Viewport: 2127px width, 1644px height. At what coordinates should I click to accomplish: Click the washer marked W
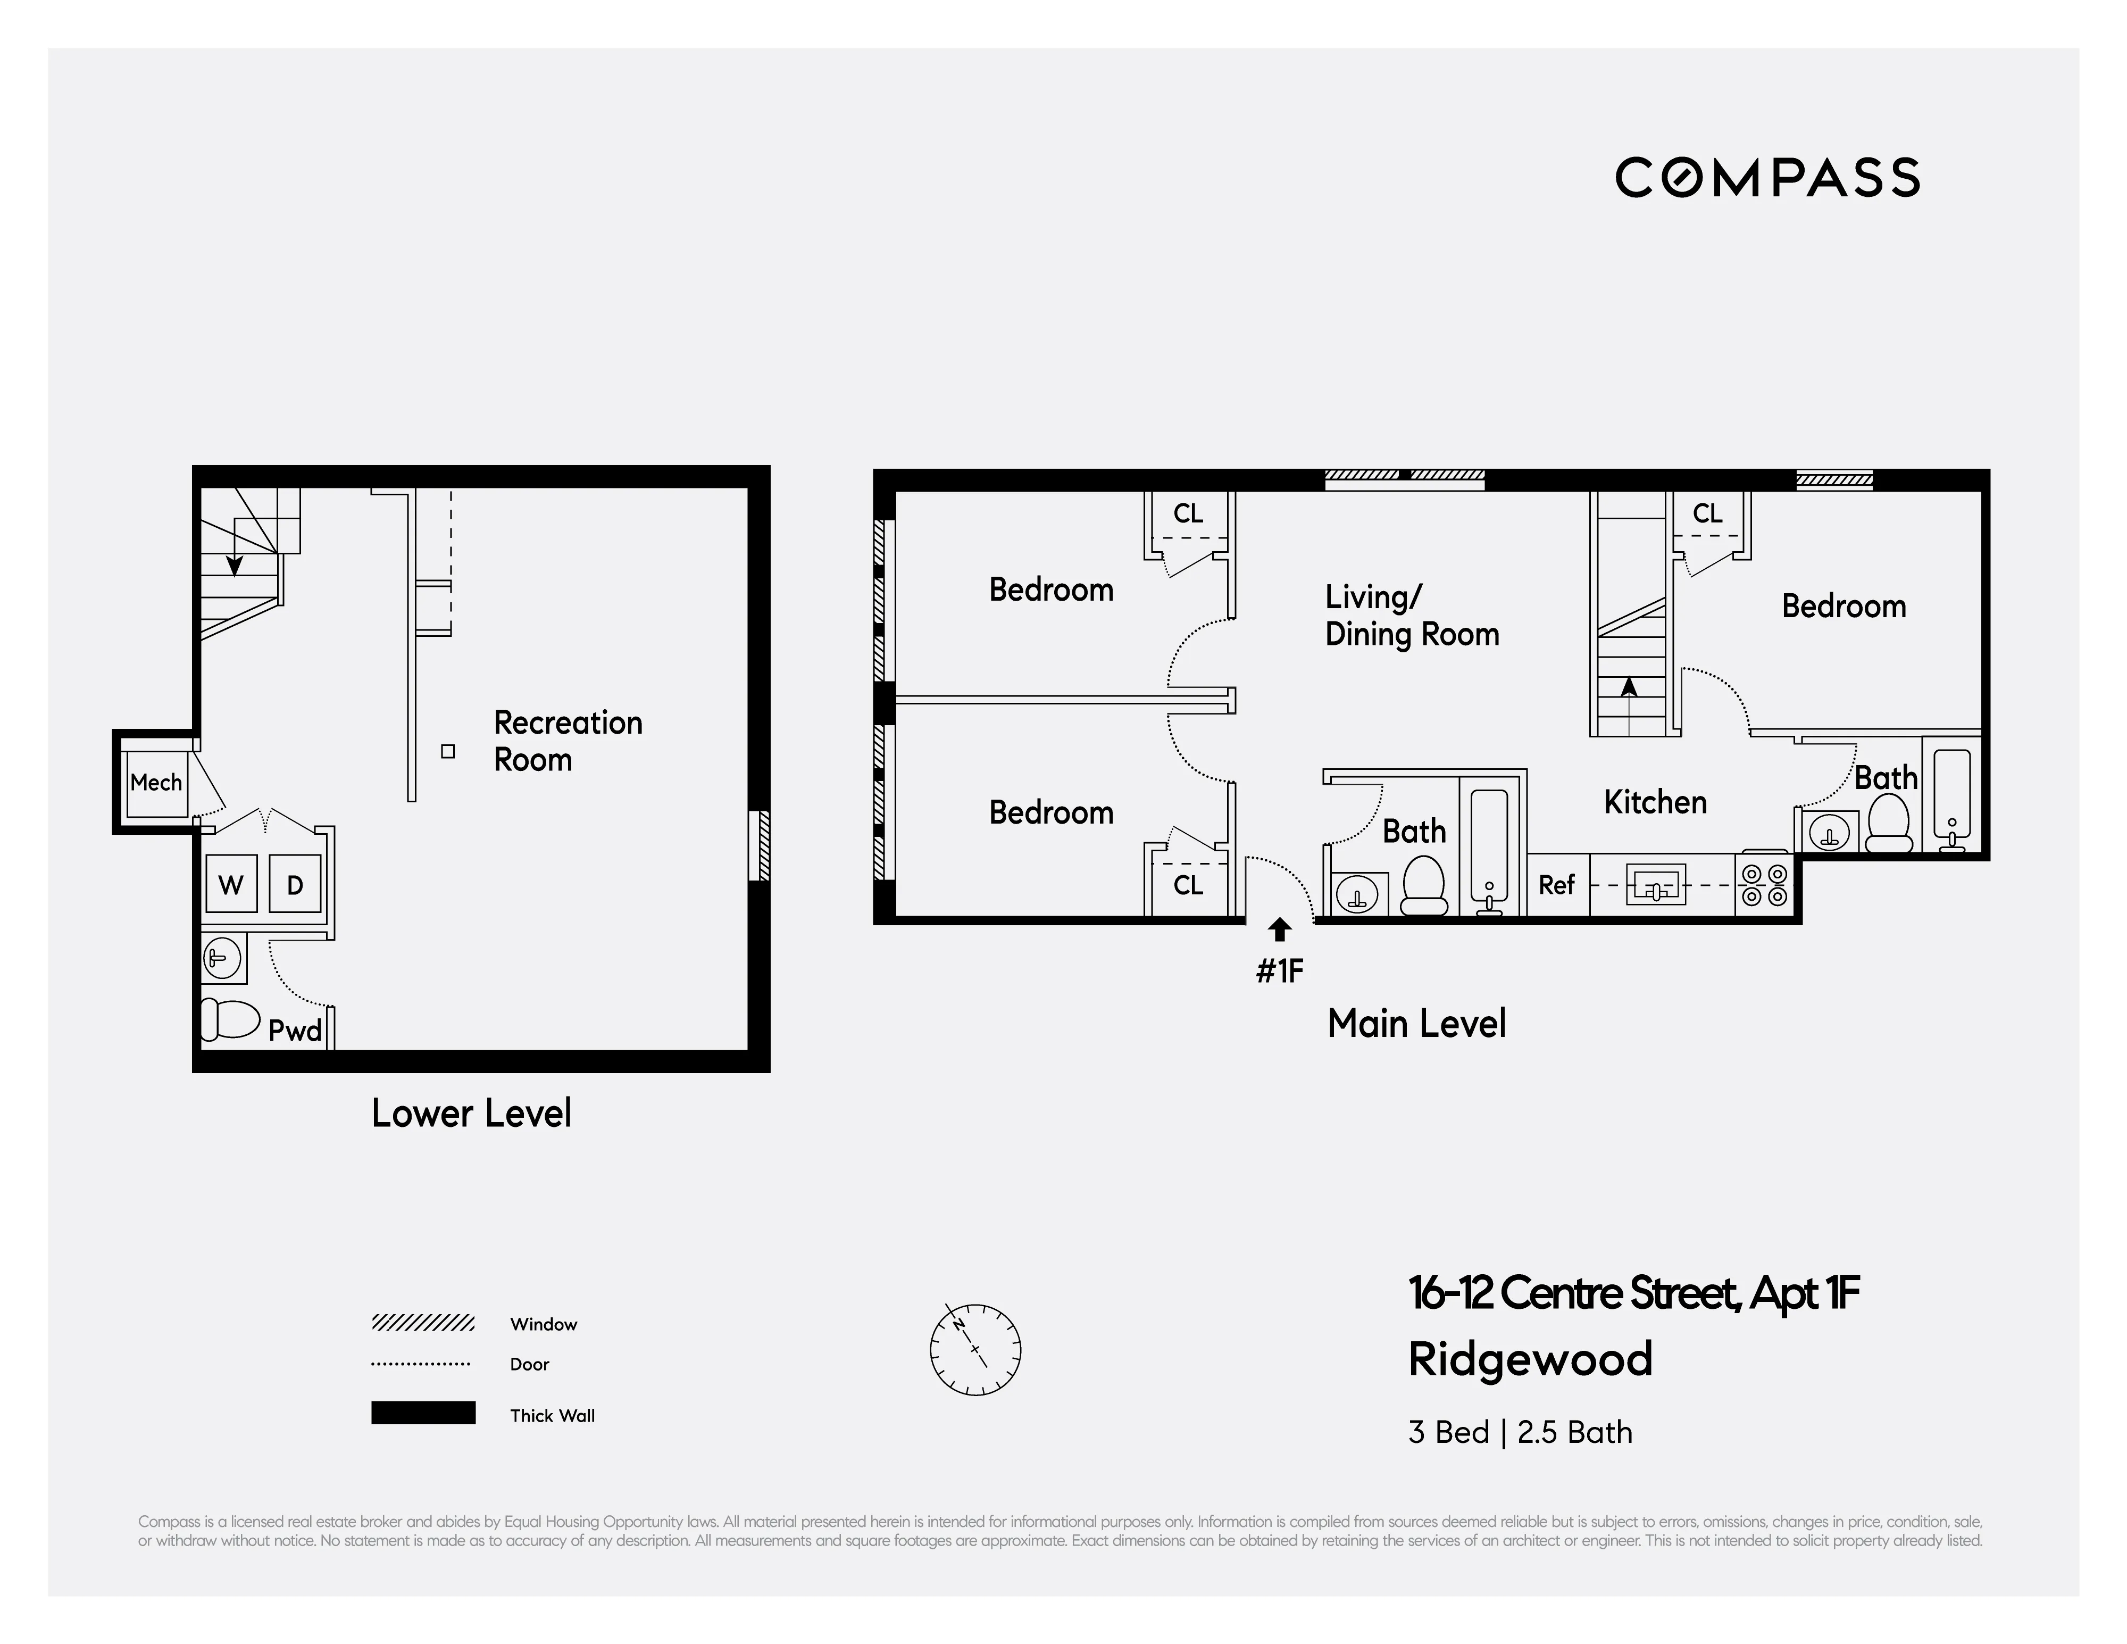point(231,884)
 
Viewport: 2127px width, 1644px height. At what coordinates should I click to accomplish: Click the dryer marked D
point(294,884)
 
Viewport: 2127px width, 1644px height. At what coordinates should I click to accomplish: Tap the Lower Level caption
point(471,1113)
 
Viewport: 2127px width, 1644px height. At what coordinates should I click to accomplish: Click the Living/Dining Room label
point(1411,616)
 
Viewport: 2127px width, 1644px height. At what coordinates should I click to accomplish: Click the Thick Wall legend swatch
point(423,1412)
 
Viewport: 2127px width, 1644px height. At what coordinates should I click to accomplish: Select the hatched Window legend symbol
point(423,1323)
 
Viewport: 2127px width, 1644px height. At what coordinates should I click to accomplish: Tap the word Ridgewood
point(1530,1359)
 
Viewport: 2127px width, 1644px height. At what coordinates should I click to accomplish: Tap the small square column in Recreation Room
point(448,751)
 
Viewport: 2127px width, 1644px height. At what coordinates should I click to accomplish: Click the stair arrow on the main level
point(1629,687)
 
